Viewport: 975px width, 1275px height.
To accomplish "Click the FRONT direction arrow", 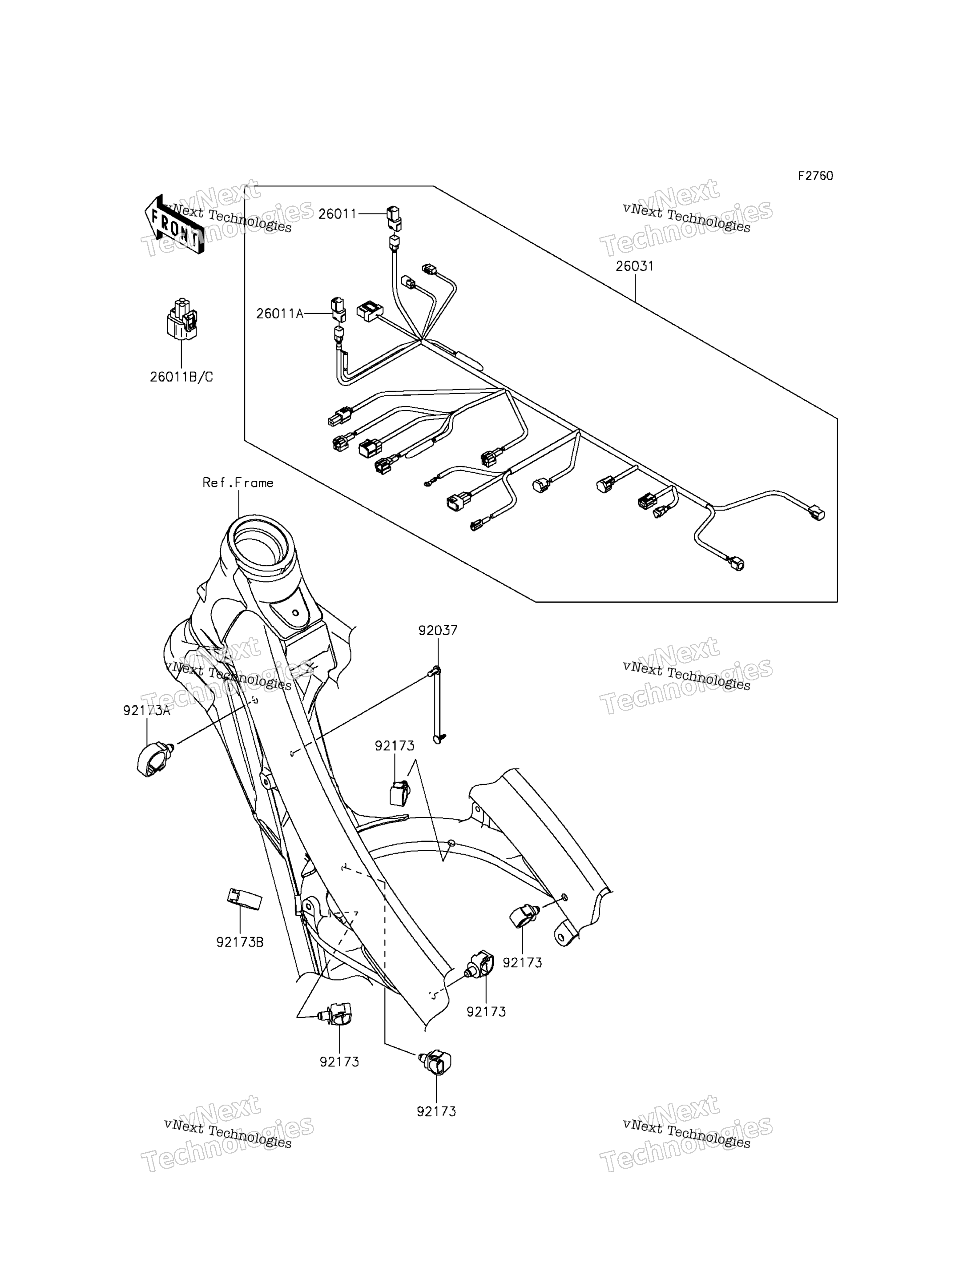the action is pos(174,224).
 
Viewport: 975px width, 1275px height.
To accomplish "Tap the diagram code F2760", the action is pos(815,176).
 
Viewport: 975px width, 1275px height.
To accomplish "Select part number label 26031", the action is pos(635,266).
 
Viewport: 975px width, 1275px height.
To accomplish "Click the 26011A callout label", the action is pos(280,314).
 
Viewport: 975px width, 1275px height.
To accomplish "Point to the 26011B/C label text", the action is pos(181,377).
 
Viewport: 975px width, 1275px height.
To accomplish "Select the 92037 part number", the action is pos(438,630).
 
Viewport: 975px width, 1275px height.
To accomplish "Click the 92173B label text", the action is pos(240,942).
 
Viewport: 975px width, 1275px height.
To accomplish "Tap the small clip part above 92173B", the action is pos(244,899).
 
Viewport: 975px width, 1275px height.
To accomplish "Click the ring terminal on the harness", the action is pos(428,481).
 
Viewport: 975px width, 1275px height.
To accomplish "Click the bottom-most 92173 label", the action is pos(436,1111).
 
